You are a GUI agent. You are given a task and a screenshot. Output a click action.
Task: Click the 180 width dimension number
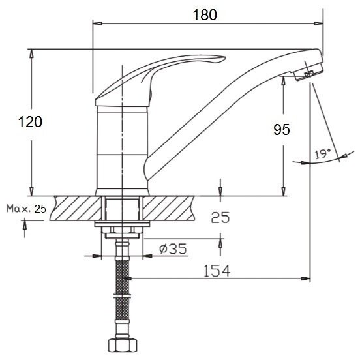[205, 15]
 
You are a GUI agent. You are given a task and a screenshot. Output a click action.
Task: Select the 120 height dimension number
[30, 122]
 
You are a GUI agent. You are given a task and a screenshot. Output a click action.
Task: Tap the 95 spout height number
[282, 130]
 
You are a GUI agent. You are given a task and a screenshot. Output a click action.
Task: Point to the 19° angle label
[323, 154]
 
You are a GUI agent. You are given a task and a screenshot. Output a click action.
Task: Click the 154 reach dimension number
[217, 271]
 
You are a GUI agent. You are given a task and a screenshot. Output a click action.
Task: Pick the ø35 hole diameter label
[173, 248]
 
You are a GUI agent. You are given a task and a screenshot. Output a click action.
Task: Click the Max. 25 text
[26, 209]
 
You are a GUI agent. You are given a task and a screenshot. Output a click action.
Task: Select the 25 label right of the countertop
[220, 217]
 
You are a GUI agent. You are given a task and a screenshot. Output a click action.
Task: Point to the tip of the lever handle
[225, 58]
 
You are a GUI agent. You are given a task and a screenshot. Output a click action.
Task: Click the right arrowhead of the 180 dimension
[319, 23]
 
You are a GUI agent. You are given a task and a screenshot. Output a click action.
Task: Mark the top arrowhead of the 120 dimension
[32, 53]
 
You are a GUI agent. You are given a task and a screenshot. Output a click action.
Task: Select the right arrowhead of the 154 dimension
[306, 278]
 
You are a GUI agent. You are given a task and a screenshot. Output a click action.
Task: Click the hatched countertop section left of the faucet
[76, 208]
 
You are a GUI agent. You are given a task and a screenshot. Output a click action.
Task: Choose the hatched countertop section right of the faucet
[168, 208]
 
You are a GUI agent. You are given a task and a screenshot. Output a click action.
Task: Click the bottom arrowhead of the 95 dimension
[284, 192]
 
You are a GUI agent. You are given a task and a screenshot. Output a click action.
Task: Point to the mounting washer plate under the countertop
[122, 224]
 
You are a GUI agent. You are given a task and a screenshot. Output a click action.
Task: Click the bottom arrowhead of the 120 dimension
[32, 192]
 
